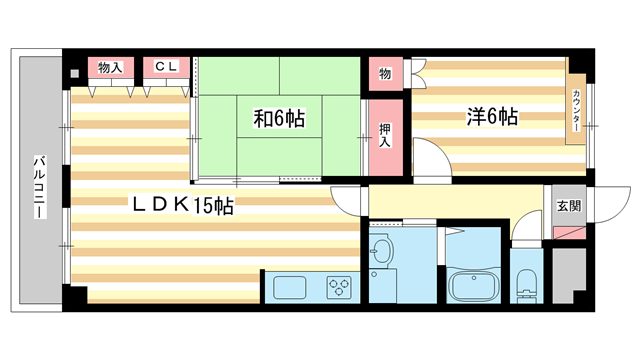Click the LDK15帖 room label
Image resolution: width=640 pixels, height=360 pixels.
pyautogui.click(x=186, y=206)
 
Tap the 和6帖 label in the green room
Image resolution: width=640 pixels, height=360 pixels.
pyautogui.click(x=278, y=119)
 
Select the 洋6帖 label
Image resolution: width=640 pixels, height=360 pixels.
pyautogui.click(x=491, y=117)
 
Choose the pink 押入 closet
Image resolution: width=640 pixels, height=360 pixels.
pyautogui.click(x=384, y=135)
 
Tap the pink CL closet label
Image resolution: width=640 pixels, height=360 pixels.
pyautogui.click(x=166, y=68)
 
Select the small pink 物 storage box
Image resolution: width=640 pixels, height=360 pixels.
pyautogui.click(x=385, y=74)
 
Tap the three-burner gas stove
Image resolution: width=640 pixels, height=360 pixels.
pyautogui.click(x=341, y=287)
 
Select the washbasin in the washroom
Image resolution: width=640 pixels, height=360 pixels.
pyautogui.click(x=383, y=250)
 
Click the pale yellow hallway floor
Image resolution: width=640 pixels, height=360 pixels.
pyautogui.click(x=450, y=205)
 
